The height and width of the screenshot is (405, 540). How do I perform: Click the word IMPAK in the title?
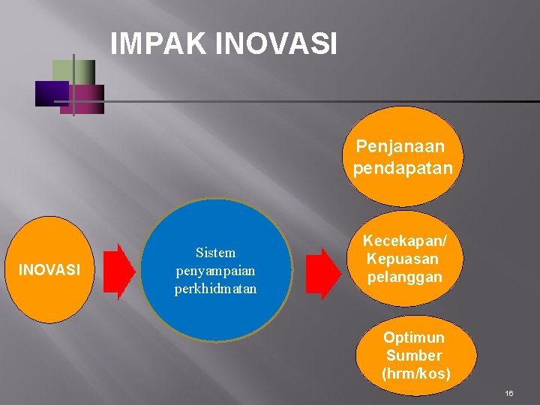click(158, 43)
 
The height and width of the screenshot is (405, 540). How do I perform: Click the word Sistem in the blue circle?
click(215, 253)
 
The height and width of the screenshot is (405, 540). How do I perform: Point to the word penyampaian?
click(215, 270)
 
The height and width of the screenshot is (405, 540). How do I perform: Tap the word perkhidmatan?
click(215, 288)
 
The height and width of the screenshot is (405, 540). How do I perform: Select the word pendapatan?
click(403, 168)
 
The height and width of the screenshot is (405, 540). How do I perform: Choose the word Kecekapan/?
click(405, 241)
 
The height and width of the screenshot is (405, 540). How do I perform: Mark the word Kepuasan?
click(402, 259)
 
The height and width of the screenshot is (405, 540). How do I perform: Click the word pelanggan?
click(405, 277)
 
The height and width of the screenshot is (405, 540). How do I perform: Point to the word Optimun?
click(414, 337)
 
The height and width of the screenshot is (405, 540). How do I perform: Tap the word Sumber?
click(414, 355)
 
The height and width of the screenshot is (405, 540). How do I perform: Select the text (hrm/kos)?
click(416, 373)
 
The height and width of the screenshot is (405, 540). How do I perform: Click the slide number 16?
click(509, 393)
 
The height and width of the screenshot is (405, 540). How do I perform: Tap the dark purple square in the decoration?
click(51, 93)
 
